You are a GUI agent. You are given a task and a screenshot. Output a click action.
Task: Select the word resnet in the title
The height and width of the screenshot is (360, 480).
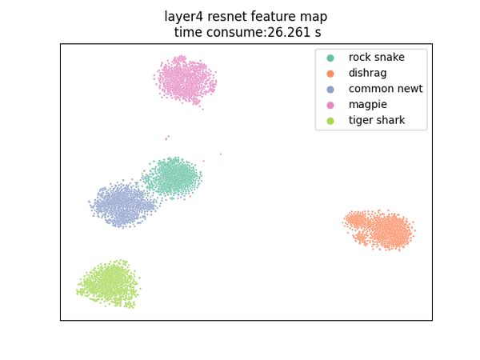pyautogui.click(x=227, y=17)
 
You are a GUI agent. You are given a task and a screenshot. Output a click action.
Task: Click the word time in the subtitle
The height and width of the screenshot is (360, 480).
pyautogui.click(x=188, y=33)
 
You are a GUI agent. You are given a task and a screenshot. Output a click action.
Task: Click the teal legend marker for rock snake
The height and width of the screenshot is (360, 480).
pyautogui.click(x=330, y=58)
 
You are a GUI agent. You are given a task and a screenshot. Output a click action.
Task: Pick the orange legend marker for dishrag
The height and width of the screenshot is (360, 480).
pyautogui.click(x=330, y=74)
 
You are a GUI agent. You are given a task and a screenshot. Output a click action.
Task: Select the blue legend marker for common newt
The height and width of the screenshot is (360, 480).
pyautogui.click(x=330, y=90)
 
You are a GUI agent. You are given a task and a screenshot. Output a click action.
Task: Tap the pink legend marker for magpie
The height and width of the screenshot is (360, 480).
pyautogui.click(x=330, y=106)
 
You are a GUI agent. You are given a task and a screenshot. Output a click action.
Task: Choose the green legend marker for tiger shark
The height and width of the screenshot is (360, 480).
pyautogui.click(x=330, y=121)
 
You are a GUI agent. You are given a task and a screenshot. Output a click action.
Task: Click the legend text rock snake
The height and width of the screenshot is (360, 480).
pyautogui.click(x=377, y=58)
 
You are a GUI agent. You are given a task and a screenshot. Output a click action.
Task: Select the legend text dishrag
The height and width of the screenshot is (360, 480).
pyautogui.click(x=368, y=73)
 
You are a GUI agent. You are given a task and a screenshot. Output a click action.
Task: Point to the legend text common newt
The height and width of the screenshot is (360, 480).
pyautogui.click(x=386, y=89)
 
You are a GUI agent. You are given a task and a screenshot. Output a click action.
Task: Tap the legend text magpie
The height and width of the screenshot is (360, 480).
pyautogui.click(x=368, y=105)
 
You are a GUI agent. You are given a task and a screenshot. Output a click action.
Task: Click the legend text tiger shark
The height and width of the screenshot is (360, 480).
pyautogui.click(x=377, y=120)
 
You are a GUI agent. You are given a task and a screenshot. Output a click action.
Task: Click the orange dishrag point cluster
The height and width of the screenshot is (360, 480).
pyautogui.click(x=379, y=230)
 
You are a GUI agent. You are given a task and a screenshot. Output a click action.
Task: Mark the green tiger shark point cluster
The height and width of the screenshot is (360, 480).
pyautogui.click(x=109, y=283)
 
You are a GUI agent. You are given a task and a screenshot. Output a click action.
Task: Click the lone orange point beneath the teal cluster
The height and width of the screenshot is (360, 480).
pyautogui.click(x=190, y=196)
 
